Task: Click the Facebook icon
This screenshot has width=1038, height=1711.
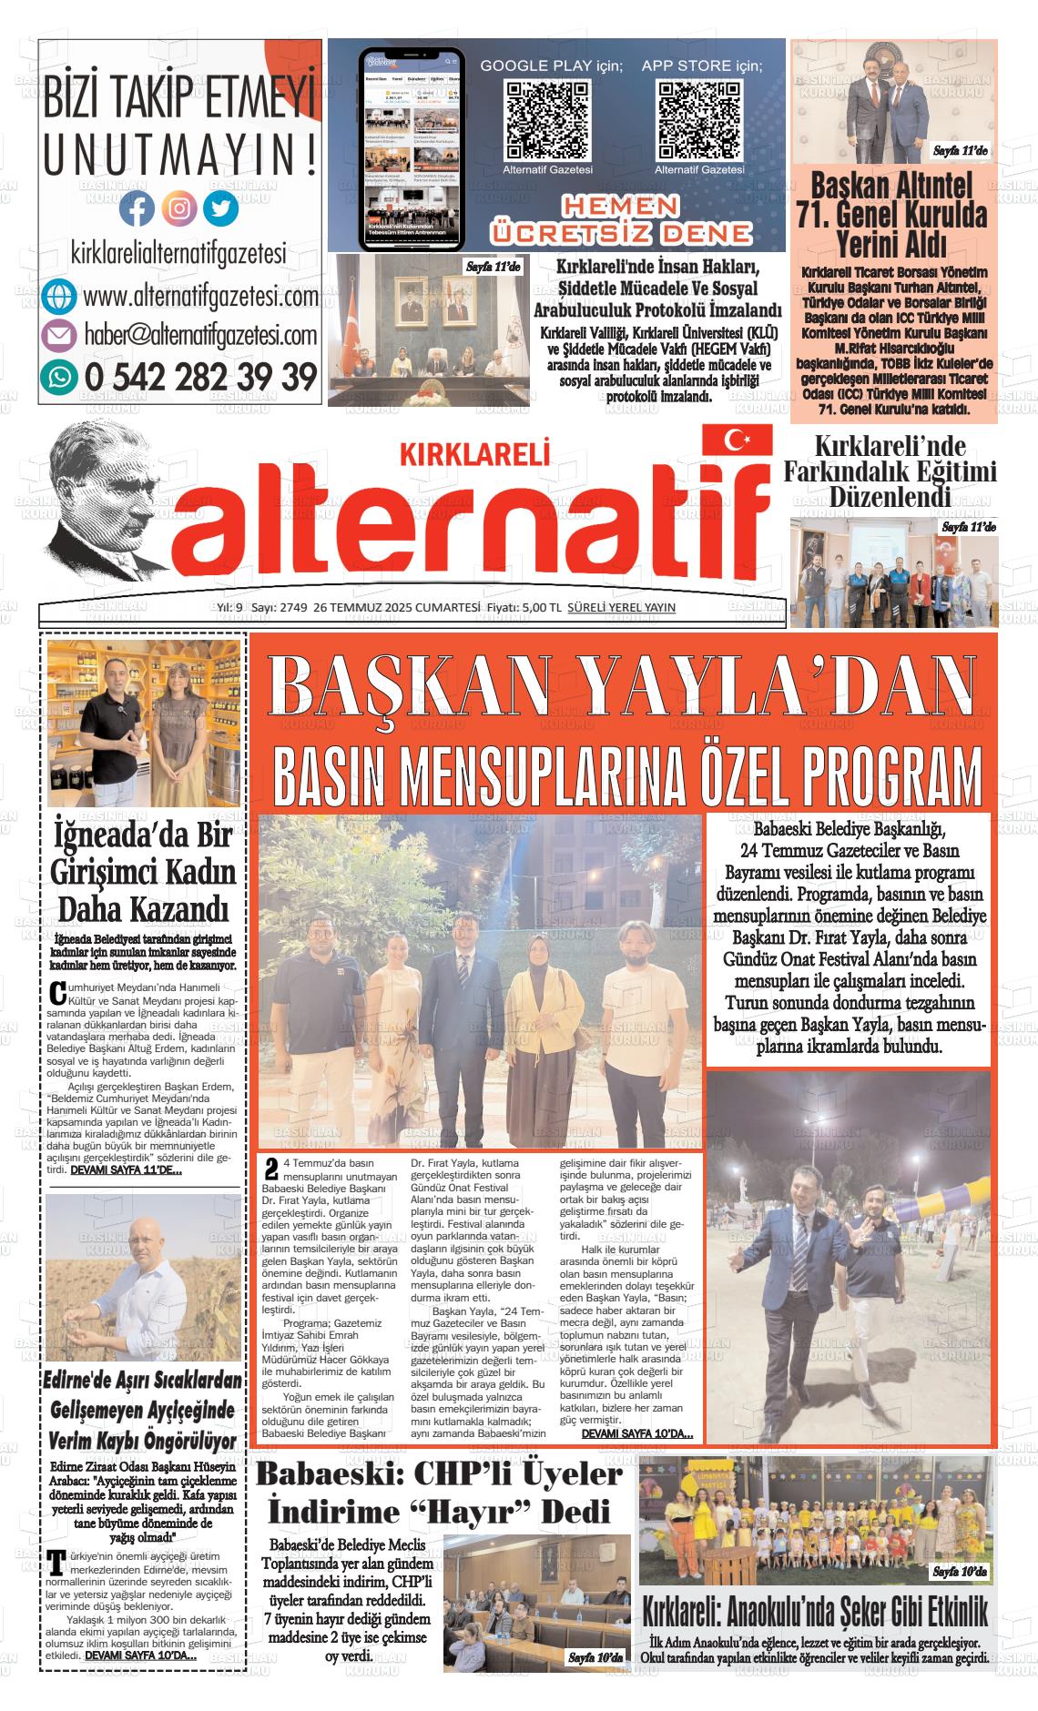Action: [137, 209]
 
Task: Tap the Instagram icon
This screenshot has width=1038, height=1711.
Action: [179, 209]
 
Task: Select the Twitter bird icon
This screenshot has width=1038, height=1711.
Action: [220, 209]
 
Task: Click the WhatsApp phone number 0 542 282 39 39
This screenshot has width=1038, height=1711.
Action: [200, 376]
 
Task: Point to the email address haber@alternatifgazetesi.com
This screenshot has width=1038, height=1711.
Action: [200, 336]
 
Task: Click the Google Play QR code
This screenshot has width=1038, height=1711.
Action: [547, 120]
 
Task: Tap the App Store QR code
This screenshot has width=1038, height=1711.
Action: [698, 120]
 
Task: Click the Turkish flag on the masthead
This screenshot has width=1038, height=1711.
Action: [736, 440]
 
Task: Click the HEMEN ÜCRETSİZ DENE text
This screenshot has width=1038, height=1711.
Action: [621, 219]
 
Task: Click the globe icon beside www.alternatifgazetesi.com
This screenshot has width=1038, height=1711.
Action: [59, 297]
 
